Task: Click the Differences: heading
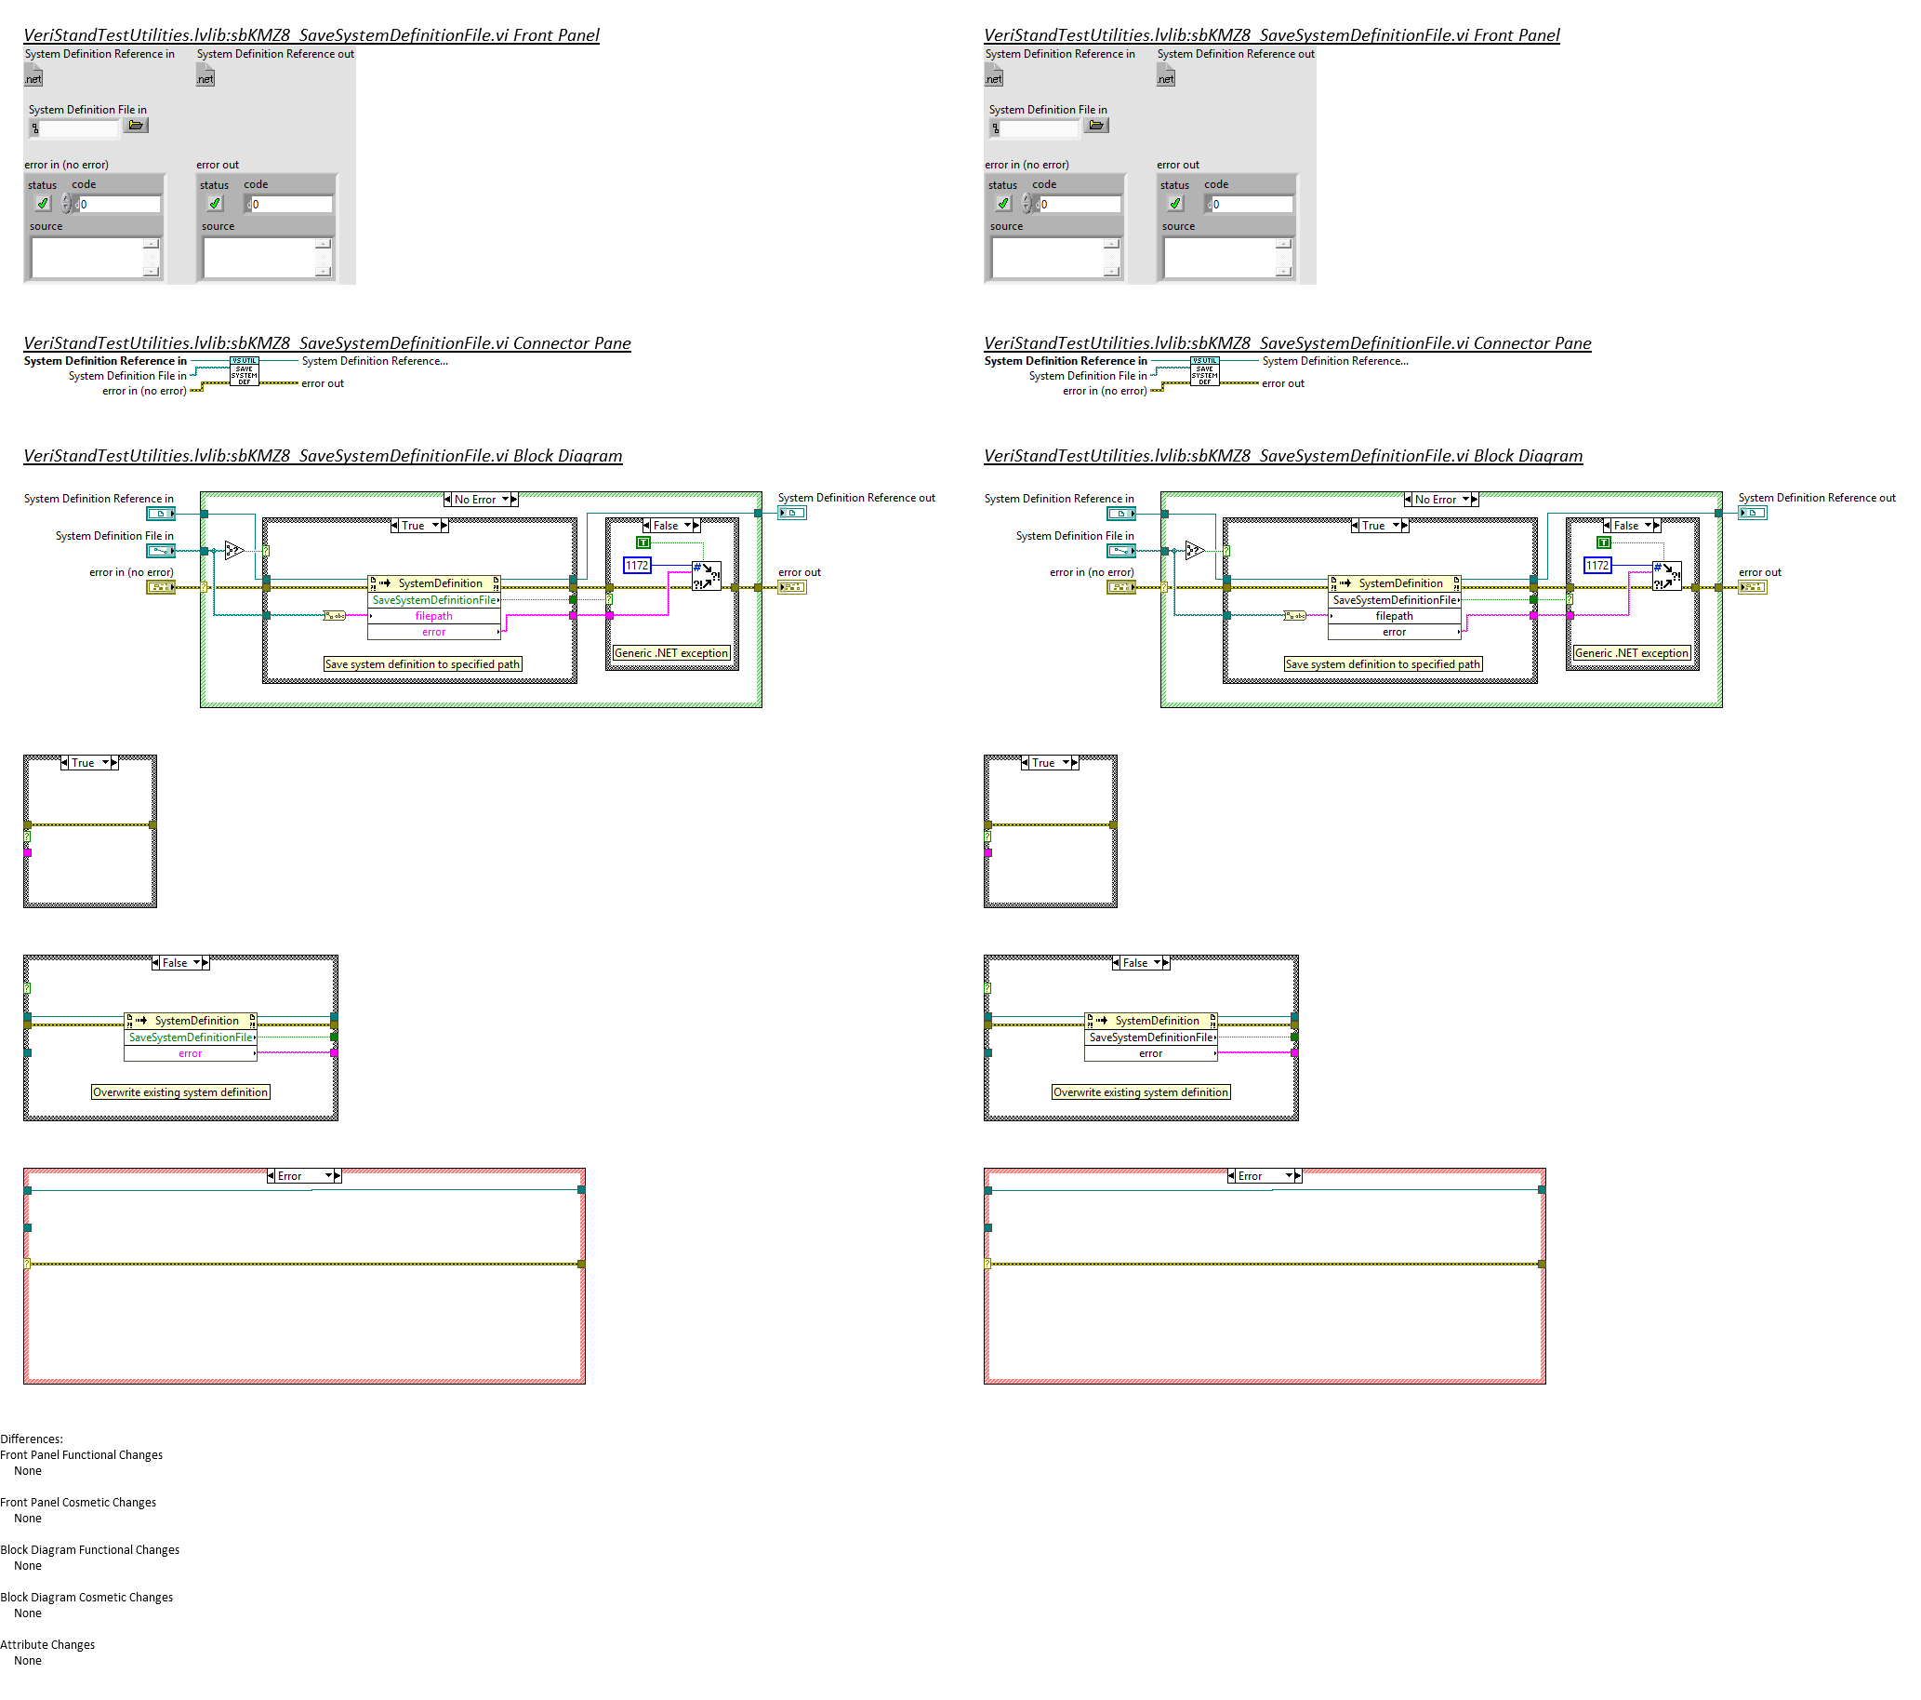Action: pyautogui.click(x=32, y=1439)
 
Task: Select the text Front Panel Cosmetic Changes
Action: pyautogui.click(x=78, y=1502)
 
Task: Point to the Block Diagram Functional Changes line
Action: pyautogui.click(x=89, y=1549)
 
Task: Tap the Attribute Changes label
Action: pyautogui.click(x=48, y=1644)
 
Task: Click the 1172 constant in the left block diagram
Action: pyautogui.click(x=636, y=565)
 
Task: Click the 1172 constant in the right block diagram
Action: pyautogui.click(x=1596, y=565)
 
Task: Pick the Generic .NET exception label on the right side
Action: pyautogui.click(x=1632, y=652)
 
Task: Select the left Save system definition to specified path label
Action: pyautogui.click(x=422, y=663)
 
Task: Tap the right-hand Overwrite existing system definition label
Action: pyautogui.click(x=1141, y=1091)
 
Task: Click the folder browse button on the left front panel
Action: pyautogui.click(x=137, y=125)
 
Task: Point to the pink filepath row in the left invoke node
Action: pyautogui.click(x=433, y=616)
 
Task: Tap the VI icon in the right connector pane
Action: pyautogui.click(x=1204, y=371)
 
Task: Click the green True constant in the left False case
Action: pyautogui.click(x=643, y=542)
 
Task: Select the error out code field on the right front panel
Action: pyautogui.click(x=1252, y=204)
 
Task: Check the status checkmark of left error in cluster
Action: pyautogui.click(x=43, y=203)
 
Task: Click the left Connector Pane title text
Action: pyautogui.click(x=327, y=343)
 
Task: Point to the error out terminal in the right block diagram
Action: pyautogui.click(x=1752, y=587)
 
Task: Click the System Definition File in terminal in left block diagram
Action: pyautogui.click(x=161, y=551)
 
